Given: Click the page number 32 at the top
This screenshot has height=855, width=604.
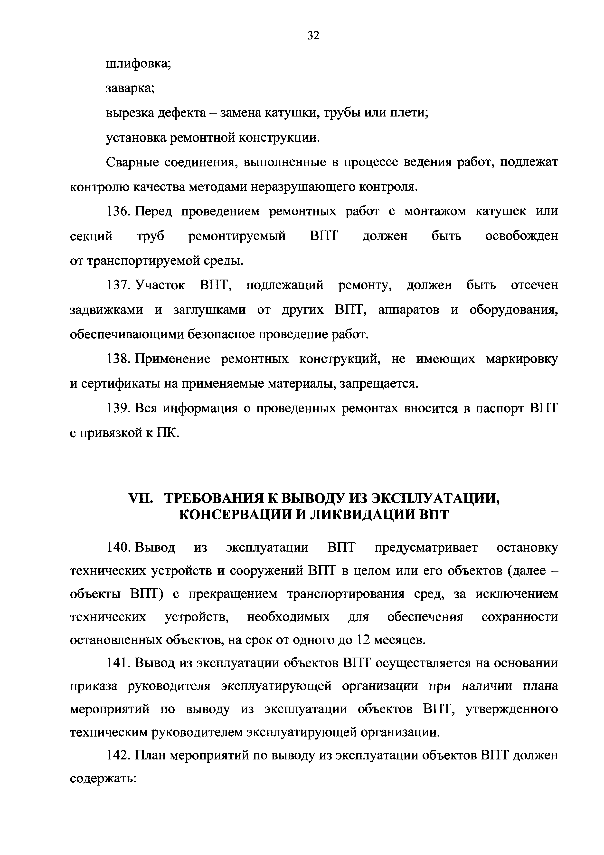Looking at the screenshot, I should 313,35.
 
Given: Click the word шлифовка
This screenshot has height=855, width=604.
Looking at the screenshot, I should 138,64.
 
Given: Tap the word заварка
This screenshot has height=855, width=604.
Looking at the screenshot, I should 130,89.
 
